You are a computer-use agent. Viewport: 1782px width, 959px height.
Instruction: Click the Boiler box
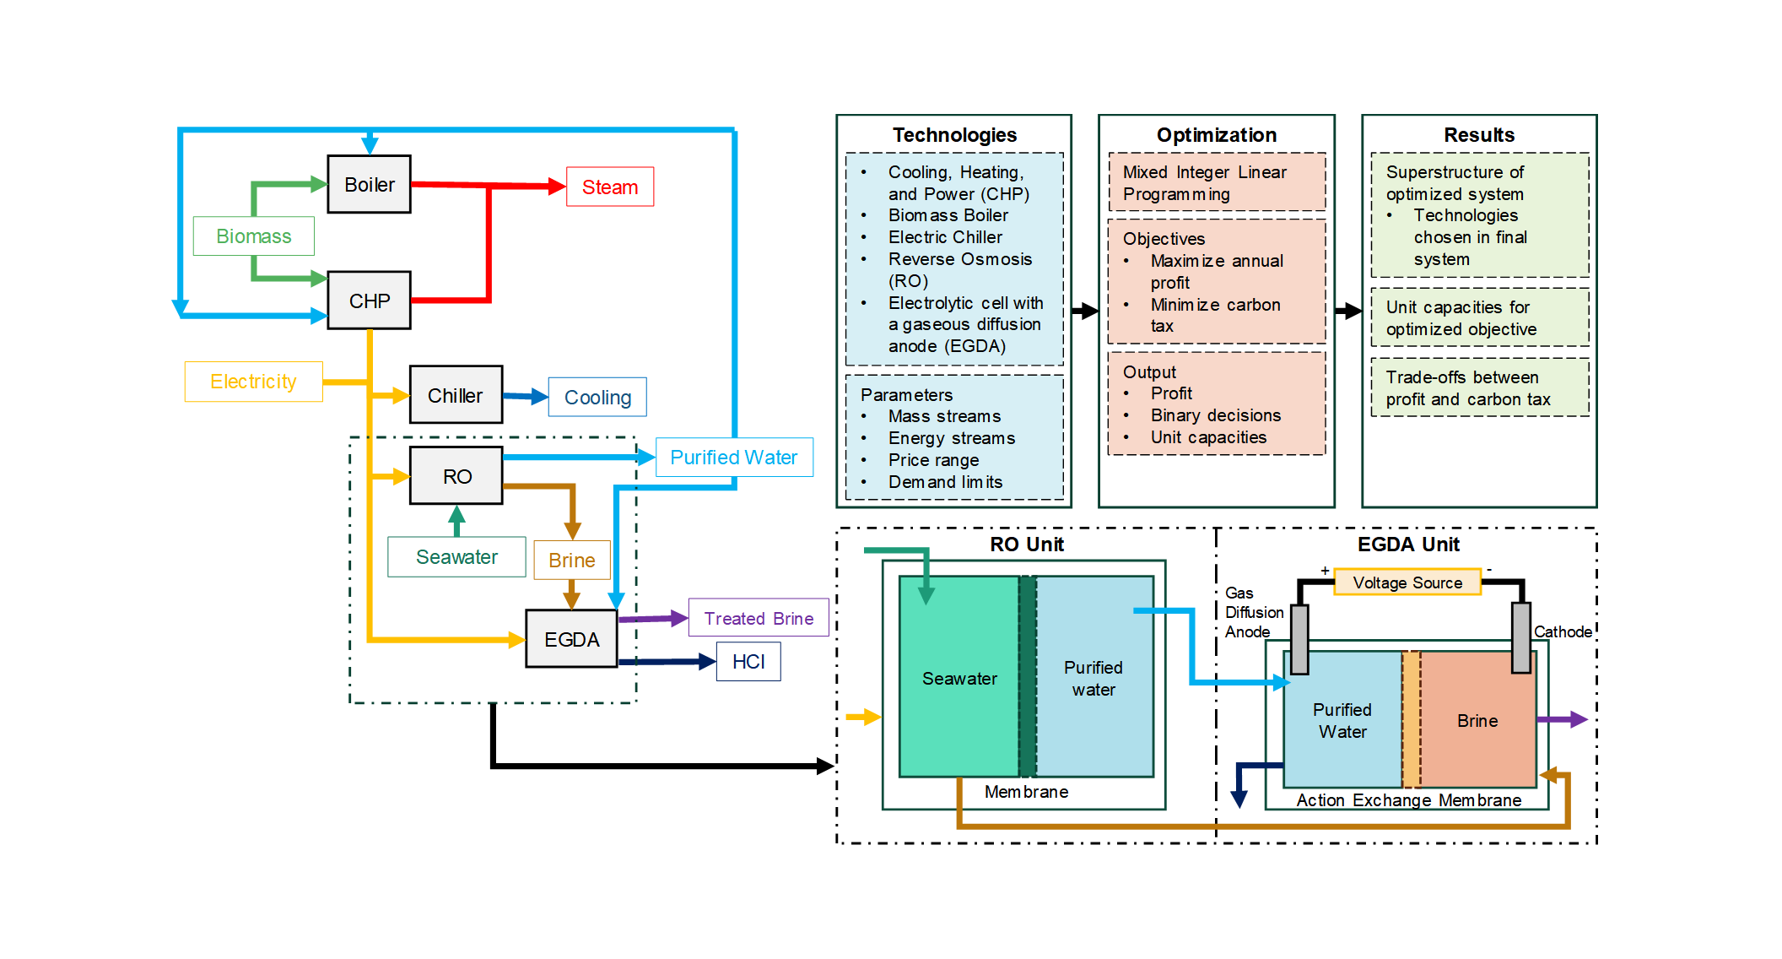point(369,184)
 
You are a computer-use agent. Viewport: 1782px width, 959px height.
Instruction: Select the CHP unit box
point(369,301)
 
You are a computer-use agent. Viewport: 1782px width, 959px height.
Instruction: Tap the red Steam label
point(609,187)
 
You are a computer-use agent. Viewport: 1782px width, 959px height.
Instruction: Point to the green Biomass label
point(253,236)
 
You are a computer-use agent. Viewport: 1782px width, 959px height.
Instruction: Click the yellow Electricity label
point(253,382)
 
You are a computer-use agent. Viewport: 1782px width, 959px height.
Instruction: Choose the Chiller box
point(456,395)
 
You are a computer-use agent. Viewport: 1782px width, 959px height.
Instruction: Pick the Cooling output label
point(597,397)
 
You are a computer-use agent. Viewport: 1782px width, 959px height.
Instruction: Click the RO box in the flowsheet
point(456,476)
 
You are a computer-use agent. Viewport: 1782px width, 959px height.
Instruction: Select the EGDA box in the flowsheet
point(571,639)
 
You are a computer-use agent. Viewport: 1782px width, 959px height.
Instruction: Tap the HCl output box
point(748,661)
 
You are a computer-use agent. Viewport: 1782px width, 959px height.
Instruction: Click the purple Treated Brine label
point(759,618)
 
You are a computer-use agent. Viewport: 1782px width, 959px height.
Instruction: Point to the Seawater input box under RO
point(456,557)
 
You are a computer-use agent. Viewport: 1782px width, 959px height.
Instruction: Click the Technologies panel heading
point(954,135)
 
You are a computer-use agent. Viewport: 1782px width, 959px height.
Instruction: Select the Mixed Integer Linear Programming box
point(1216,182)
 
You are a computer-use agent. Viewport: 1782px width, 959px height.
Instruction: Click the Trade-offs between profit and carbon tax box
point(1479,388)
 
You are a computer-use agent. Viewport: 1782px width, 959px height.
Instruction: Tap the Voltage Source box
point(1407,582)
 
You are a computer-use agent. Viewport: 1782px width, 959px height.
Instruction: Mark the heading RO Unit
point(1027,545)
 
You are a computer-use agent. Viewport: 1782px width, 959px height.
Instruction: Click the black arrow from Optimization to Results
point(1348,311)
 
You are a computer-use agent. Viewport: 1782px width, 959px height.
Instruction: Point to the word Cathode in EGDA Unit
point(1563,631)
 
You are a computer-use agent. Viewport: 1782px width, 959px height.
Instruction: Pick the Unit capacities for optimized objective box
point(1479,318)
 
